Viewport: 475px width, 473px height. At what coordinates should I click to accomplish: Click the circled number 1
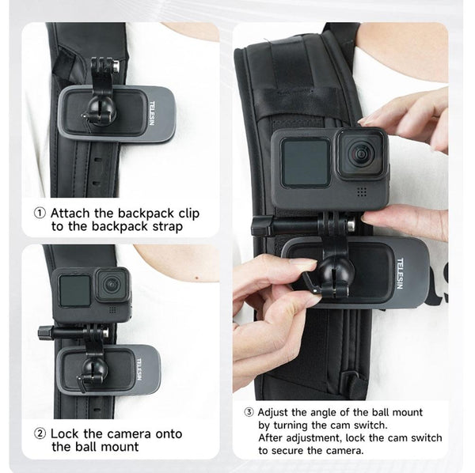pos(40,213)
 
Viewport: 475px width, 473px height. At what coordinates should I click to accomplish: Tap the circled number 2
pos(40,433)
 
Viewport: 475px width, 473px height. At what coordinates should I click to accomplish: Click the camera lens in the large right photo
pos(360,153)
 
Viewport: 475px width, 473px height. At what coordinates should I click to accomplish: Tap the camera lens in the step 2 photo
pos(113,283)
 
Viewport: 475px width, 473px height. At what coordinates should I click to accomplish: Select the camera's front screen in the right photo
pos(305,162)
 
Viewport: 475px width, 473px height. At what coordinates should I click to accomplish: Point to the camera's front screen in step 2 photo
pos(74,291)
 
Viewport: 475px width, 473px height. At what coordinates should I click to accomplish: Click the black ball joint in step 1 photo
pos(102,111)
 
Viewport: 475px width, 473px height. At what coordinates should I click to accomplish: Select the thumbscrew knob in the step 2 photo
pos(44,333)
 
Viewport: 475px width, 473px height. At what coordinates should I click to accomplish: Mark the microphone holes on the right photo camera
pos(361,192)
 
